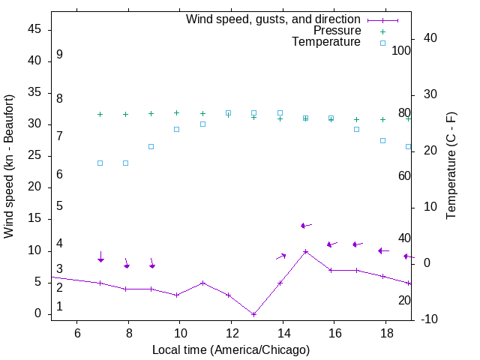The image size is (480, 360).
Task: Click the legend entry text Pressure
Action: (x=337, y=31)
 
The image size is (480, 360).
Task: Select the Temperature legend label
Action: (x=326, y=42)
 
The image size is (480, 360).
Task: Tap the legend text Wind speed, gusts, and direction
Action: (x=274, y=19)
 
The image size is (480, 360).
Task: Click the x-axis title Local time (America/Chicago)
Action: (x=231, y=349)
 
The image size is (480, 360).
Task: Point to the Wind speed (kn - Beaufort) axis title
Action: (x=9, y=166)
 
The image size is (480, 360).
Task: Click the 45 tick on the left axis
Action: (x=34, y=29)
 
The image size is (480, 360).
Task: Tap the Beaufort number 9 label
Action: (x=59, y=55)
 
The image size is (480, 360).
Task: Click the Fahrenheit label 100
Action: (x=402, y=51)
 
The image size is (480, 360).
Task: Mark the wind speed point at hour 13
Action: (x=254, y=314)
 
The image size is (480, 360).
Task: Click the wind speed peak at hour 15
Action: (x=305, y=252)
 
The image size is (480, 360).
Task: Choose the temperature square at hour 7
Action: (x=100, y=163)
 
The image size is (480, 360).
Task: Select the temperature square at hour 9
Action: (x=151, y=146)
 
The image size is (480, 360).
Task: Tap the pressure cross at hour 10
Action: (x=177, y=112)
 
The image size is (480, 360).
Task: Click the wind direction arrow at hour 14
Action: (x=280, y=256)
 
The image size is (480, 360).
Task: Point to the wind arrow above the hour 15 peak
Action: (x=306, y=225)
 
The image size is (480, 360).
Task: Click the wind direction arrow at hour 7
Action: (x=100, y=256)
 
